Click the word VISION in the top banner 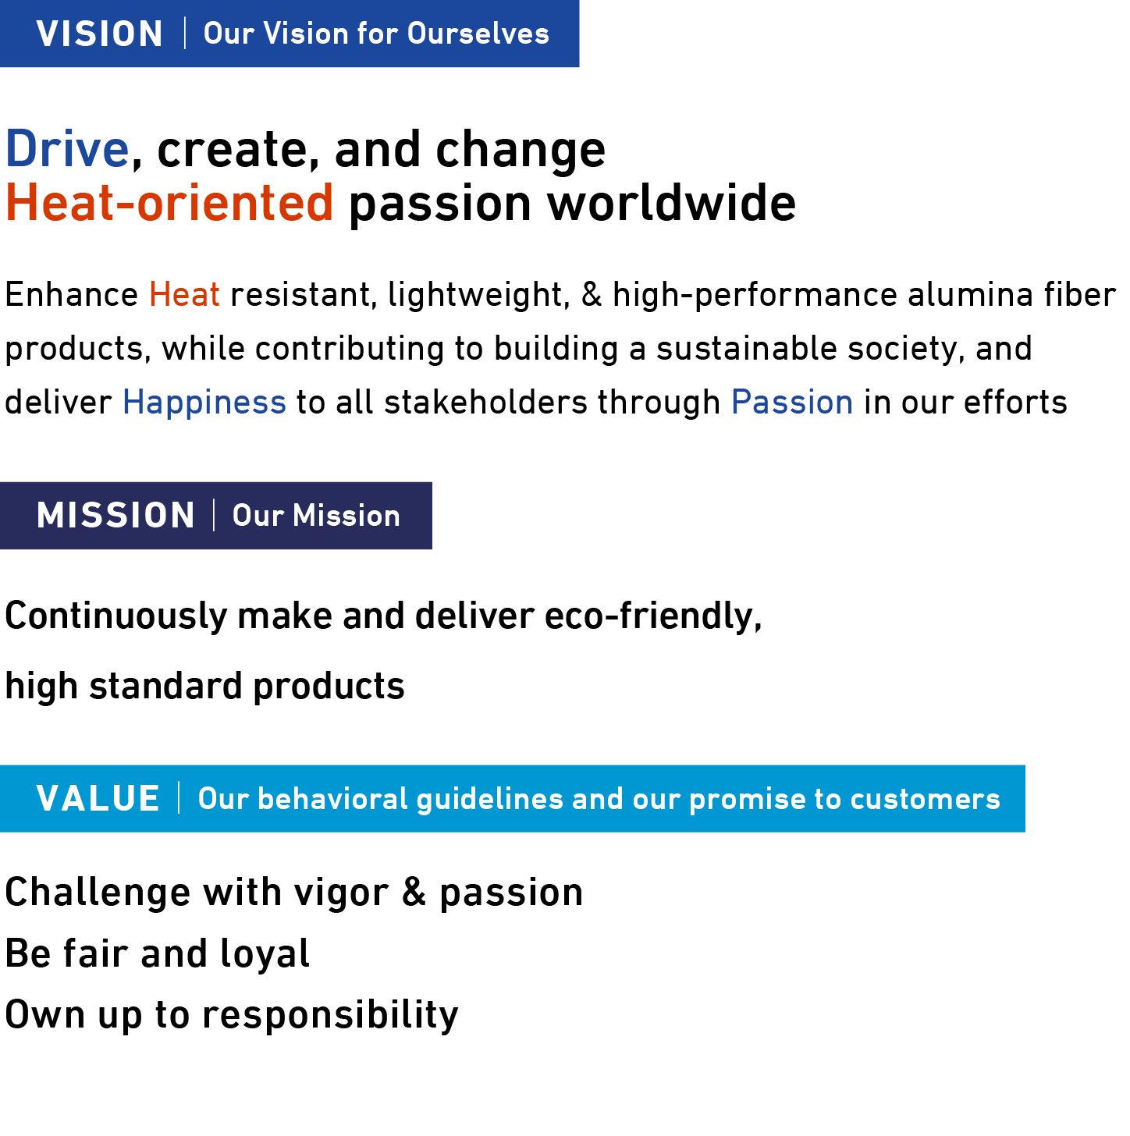99,34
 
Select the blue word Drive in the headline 67,149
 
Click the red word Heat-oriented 169,203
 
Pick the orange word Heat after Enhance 184,295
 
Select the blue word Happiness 204,403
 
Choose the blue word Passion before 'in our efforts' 792,403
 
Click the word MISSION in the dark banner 115,516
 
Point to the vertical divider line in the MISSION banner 214,516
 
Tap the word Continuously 115,616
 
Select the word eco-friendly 652,616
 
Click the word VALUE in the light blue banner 98,799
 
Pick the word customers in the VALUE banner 925,799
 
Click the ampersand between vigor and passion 414,893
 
